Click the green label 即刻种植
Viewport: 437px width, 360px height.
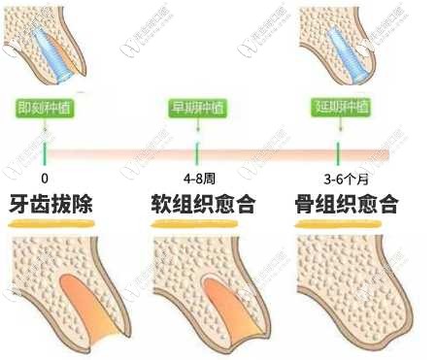pos(46,108)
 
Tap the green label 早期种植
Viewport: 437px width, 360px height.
pos(196,108)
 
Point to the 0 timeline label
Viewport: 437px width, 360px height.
pos(45,179)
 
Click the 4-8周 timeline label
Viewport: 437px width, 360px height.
pos(196,179)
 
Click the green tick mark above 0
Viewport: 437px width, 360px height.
pos(46,153)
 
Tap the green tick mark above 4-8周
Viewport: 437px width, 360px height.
pos(196,153)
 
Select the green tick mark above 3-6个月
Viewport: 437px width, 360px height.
pos(337,153)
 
